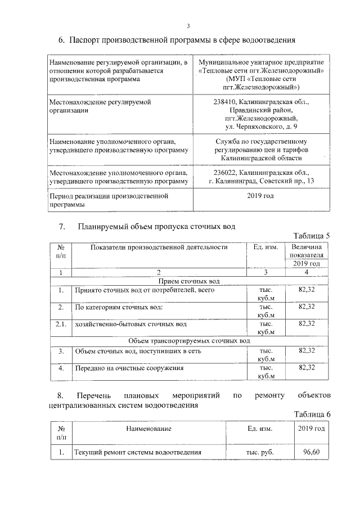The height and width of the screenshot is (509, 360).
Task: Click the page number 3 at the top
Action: click(189, 25)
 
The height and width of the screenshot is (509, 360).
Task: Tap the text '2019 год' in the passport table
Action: click(260, 196)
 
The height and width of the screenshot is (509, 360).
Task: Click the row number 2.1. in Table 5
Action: click(61, 324)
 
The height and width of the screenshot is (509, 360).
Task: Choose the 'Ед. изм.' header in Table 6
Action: click(260, 429)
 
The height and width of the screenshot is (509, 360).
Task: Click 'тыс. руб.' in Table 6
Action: click(260, 452)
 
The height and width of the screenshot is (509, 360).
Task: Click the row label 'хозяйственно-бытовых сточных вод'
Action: click(130, 325)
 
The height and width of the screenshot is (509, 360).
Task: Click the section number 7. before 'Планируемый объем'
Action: click(63, 227)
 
